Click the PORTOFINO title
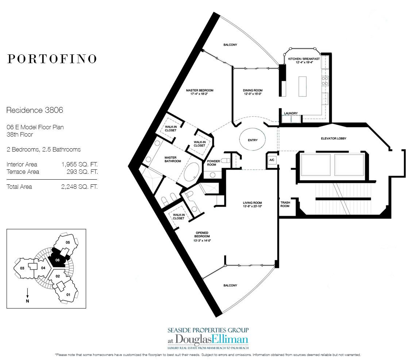coord(52,59)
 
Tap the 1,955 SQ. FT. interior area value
coord(80,165)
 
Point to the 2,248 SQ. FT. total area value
coord(80,187)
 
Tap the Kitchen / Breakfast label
coord(304,61)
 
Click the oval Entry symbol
coord(252,140)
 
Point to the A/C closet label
coord(271,160)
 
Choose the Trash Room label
coord(285,204)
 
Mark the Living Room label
coord(253,205)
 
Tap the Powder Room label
coord(213,162)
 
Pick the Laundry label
coord(291,113)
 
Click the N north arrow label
coord(28,301)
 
